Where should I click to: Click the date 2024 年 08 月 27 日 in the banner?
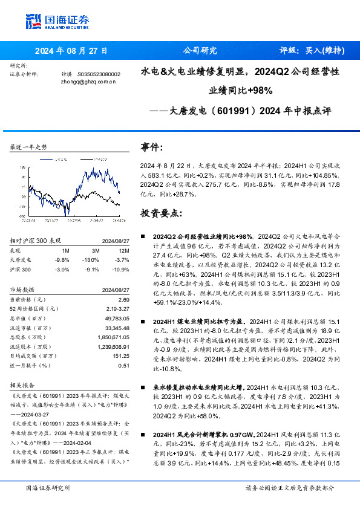click(x=71, y=51)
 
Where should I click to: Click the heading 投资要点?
click(x=161, y=213)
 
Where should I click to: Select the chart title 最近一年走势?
click(x=29, y=148)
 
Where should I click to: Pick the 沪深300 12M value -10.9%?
click(x=122, y=268)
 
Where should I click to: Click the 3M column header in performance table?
click(x=95, y=250)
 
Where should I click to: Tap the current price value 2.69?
click(x=123, y=299)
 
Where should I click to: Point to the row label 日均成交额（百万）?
click(x=33, y=355)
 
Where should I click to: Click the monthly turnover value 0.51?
click(x=123, y=365)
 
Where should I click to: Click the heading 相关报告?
click(x=24, y=384)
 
